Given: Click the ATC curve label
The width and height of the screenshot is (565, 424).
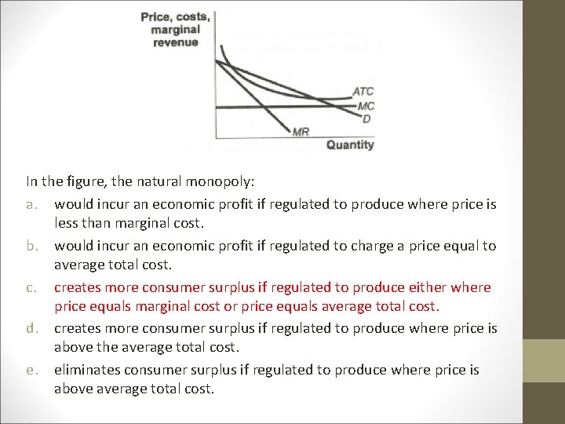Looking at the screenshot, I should tap(363, 91).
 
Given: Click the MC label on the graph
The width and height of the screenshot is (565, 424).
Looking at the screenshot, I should tap(365, 105).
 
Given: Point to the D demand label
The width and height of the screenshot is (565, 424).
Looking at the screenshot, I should tap(366, 119).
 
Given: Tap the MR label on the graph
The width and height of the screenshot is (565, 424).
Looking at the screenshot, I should tap(300, 132).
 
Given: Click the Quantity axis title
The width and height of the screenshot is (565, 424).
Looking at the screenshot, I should tap(350, 144).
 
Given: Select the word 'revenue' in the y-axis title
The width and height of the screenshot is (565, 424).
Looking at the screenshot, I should tap(176, 42).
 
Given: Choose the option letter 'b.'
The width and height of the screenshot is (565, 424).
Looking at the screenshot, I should tap(32, 246).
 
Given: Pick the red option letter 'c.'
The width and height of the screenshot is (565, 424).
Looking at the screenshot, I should tap(32, 287).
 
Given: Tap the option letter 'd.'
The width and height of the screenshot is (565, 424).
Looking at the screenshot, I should tap(32, 328).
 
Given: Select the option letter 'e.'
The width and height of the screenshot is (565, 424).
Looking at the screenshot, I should tap(32, 370).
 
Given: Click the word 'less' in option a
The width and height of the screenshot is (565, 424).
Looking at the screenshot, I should tap(67, 223).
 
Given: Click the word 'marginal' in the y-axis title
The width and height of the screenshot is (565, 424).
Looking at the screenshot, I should tap(176, 30).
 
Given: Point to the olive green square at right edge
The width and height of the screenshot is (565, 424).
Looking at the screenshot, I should tap(544, 361).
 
